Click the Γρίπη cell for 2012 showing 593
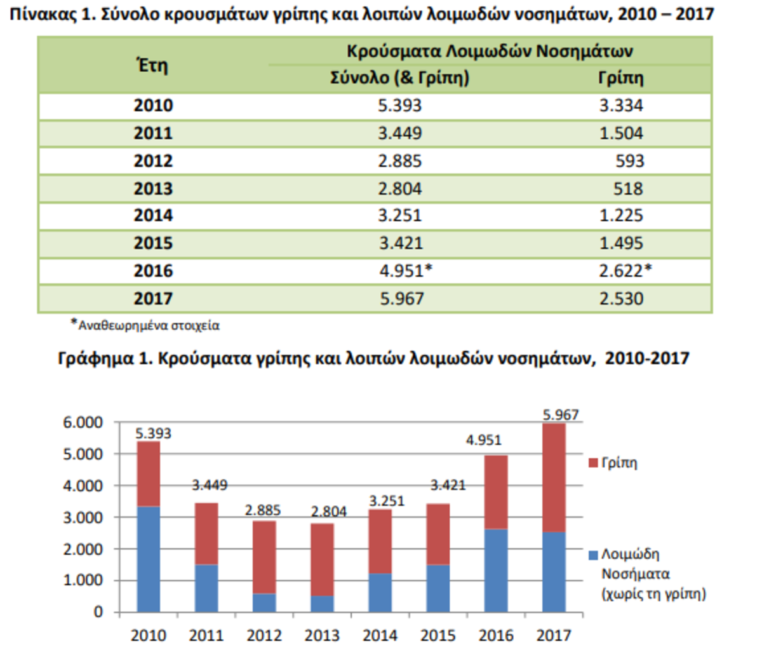click(629, 161)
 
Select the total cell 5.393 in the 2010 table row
click(399, 105)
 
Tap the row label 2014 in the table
click(153, 216)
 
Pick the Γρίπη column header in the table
click(620, 78)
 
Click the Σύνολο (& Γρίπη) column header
click(399, 78)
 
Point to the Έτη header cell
click(152, 65)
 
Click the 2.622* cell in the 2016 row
click(625, 271)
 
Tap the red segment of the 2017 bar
click(554, 477)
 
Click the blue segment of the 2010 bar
click(149, 559)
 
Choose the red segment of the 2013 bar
click(322, 559)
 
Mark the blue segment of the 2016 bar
click(496, 570)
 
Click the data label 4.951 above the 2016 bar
click(483, 440)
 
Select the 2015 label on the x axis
click(438, 635)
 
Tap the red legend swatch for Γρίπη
click(594, 463)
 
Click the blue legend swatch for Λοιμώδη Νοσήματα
click(594, 555)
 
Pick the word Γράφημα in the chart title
click(95, 358)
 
